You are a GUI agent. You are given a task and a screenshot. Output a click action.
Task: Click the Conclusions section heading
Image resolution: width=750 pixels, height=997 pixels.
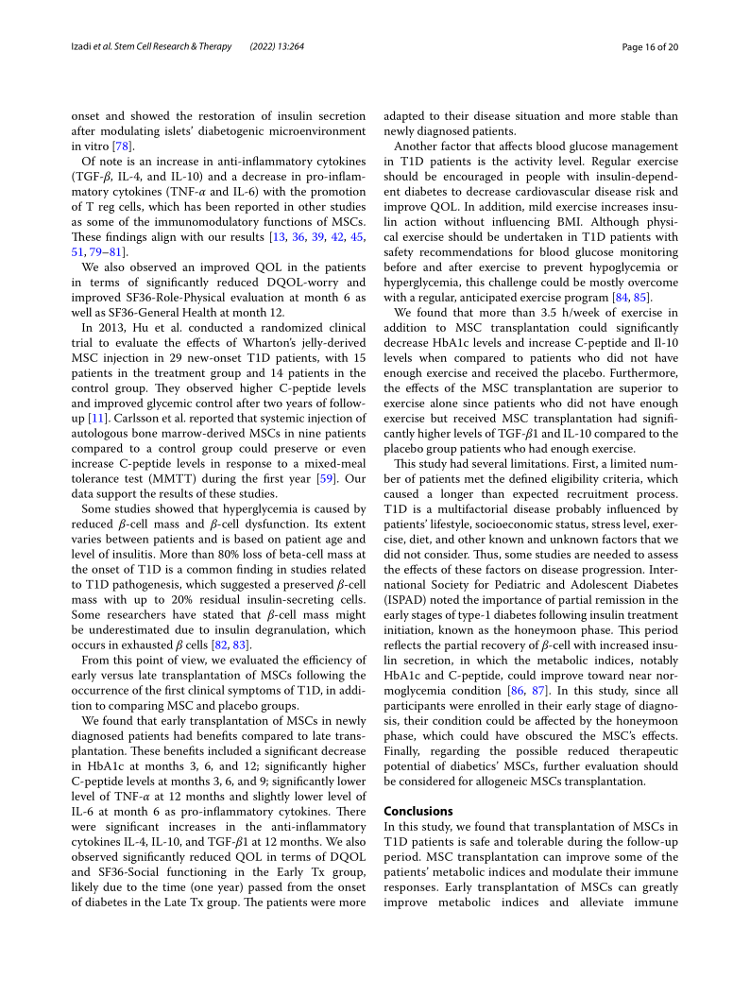[x=418, y=811]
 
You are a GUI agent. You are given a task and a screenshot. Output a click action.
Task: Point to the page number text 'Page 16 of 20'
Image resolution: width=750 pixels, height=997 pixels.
[x=645, y=47]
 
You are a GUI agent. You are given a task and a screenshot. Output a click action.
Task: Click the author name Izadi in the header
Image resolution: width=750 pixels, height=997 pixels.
[x=85, y=47]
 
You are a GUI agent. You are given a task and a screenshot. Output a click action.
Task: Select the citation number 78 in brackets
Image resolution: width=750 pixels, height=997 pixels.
[x=121, y=146]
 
